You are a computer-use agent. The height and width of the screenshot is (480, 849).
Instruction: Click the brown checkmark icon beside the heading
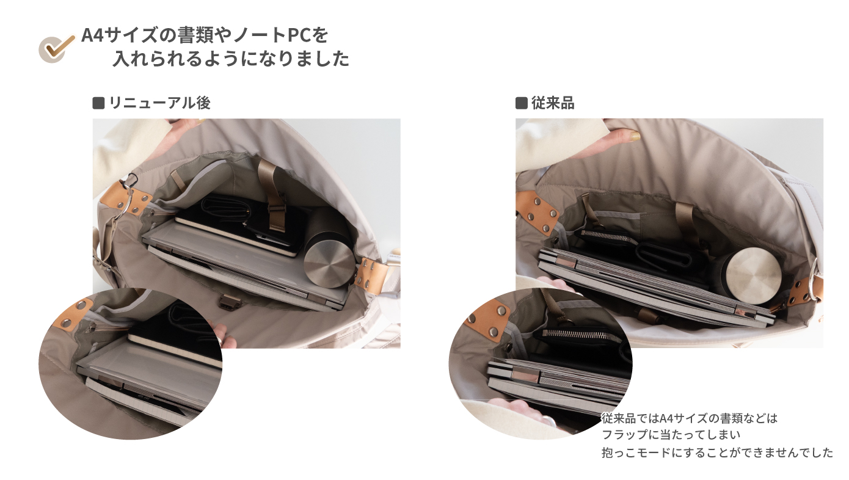click(x=57, y=48)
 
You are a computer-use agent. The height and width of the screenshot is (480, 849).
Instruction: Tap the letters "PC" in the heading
click(x=299, y=35)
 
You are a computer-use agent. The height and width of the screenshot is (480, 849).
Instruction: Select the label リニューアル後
click(x=159, y=103)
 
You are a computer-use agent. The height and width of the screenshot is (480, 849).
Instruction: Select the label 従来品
click(x=553, y=103)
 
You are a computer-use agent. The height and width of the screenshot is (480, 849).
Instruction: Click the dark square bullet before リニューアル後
click(x=98, y=103)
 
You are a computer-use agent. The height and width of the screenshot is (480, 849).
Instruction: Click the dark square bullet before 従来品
click(x=521, y=103)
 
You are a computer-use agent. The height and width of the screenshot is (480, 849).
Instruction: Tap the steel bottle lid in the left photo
click(x=329, y=264)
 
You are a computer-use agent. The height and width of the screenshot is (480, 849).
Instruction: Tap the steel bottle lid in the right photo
click(x=754, y=275)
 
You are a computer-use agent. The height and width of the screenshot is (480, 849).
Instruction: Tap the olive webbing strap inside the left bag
click(x=272, y=194)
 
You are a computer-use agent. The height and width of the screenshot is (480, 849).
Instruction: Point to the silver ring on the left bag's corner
click(x=126, y=202)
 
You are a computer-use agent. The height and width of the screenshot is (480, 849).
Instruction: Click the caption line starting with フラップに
click(x=671, y=435)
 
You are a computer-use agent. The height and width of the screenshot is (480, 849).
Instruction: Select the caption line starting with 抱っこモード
click(x=717, y=453)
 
